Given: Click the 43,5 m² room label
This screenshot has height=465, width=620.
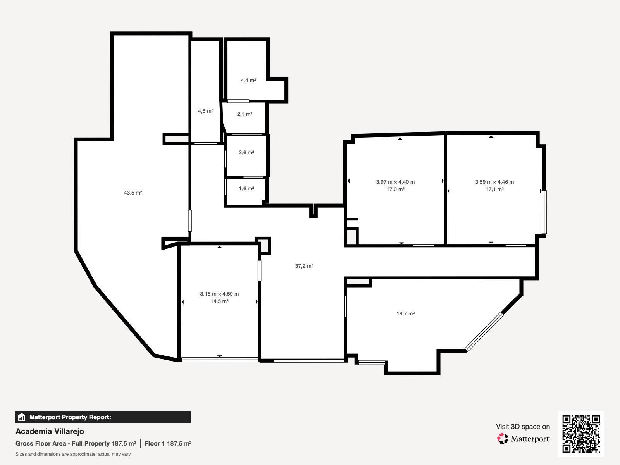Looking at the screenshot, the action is tap(133, 193).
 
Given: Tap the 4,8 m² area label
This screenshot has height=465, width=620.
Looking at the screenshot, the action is tap(206, 111).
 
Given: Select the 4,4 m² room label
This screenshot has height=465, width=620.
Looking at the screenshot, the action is tap(248, 81).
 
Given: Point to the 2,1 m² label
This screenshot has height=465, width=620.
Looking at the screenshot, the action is tap(245, 114).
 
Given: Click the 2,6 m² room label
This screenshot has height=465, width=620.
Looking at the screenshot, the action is tap(246, 152).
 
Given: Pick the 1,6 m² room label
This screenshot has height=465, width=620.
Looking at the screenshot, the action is tap(246, 188).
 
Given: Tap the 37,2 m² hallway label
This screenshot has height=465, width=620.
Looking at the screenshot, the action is tap(304, 266).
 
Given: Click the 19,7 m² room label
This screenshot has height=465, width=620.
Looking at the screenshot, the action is tap(406, 313).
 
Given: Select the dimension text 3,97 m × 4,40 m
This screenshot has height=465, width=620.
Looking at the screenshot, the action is tap(396, 182).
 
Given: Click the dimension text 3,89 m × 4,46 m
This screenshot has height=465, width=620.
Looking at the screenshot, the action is tap(494, 182).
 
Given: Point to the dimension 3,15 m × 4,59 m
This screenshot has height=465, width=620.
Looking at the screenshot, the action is tap(219, 294).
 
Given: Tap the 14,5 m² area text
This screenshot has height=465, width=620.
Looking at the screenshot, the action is tap(219, 301).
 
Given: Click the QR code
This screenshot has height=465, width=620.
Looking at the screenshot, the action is tap(581, 434).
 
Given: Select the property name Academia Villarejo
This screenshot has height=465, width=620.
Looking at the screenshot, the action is tap(50, 431).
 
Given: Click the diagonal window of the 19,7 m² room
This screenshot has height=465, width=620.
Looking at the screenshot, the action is tap(484, 331).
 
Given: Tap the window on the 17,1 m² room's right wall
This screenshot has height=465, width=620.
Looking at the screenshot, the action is tap(544, 212).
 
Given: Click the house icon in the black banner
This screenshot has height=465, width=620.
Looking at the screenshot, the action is tap(21, 417).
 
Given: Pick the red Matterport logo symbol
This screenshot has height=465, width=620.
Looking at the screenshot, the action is tap(503, 438).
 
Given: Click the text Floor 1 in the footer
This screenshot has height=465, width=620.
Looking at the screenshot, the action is tap(155, 444).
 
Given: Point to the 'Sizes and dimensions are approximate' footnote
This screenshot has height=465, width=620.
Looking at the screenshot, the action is tap(73, 454).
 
